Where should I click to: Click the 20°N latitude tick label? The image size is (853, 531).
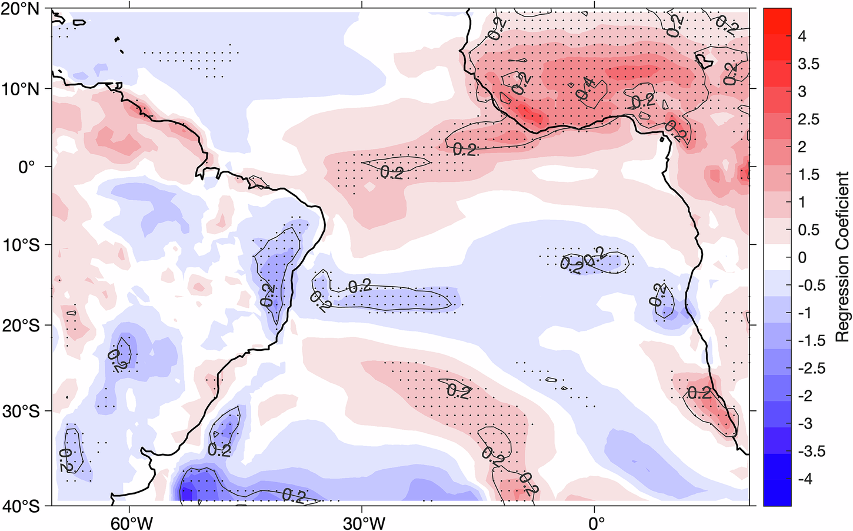pos(24,10)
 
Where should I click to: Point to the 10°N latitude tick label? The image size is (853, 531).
pos(24,89)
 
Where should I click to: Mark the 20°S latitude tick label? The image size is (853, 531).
pos(24,326)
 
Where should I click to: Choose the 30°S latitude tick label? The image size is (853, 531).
pos(24,411)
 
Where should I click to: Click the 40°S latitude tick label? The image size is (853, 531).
pos(24,506)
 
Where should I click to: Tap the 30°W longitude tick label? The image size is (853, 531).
pos(361,522)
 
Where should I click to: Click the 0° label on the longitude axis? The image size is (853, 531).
pos(595,522)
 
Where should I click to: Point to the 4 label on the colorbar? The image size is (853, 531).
pos(802,36)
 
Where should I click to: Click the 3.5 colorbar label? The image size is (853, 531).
pos(808,64)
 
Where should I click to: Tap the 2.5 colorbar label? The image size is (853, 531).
pos(808,120)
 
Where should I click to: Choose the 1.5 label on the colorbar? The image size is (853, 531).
pos(808,175)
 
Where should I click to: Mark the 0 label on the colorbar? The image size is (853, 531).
pos(802,258)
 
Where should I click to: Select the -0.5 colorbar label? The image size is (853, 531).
pos(811,286)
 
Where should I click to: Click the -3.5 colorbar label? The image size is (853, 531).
pos(811,452)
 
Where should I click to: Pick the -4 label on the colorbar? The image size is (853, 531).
pos(805,479)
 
